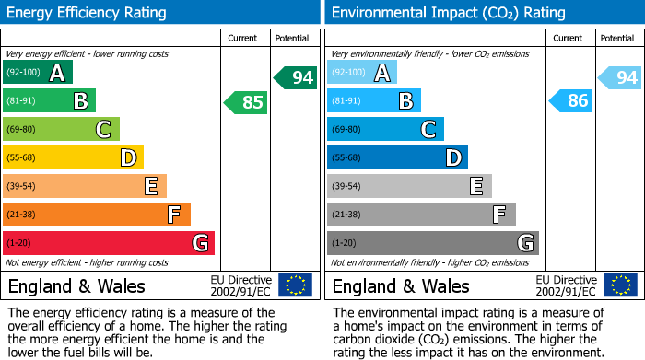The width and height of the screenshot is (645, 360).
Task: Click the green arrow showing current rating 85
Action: click(x=246, y=102)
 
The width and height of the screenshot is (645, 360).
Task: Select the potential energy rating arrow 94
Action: click(x=296, y=77)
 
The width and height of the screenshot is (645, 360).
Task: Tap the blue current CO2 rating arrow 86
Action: click(x=570, y=101)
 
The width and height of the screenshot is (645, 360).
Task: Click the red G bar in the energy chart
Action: click(x=108, y=243)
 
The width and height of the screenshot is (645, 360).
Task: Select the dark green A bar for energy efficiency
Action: click(x=37, y=73)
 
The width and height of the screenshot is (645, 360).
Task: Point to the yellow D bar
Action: click(x=73, y=158)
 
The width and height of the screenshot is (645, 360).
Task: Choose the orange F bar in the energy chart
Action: click(x=97, y=215)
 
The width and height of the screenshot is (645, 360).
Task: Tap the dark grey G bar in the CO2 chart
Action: click(x=432, y=243)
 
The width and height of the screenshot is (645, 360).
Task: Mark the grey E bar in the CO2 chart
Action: click(x=409, y=186)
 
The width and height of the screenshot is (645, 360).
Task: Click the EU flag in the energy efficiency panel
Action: click(x=295, y=285)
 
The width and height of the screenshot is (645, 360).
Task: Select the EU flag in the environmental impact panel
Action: click(x=619, y=285)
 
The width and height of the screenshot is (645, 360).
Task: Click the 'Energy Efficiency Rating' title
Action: click(x=87, y=13)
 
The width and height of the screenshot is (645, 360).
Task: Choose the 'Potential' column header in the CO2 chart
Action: click(x=617, y=38)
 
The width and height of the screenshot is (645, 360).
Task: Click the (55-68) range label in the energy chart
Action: click(x=23, y=158)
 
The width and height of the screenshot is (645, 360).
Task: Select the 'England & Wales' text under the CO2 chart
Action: click(x=401, y=285)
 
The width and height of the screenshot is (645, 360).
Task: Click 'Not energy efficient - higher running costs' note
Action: click(x=88, y=262)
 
